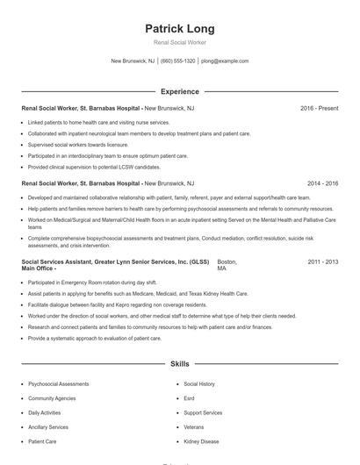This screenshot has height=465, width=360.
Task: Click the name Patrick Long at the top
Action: coord(179,29)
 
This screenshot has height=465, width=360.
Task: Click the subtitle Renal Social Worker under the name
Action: coord(179,42)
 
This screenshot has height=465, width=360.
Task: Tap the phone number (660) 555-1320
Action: coord(178,61)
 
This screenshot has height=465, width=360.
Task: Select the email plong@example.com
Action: coord(225,61)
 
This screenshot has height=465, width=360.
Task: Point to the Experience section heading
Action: coord(179,91)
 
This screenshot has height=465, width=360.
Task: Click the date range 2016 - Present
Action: coord(319,108)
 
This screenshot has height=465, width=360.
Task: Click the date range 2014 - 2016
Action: coord(322,184)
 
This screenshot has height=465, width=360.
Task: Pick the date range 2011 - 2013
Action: coord(322,262)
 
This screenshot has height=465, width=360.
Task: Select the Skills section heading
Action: coord(179,363)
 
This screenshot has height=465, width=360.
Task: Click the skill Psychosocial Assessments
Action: coord(58,384)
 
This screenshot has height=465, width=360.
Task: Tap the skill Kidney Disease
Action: coord(203,441)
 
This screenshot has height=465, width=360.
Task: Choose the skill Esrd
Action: coord(190,398)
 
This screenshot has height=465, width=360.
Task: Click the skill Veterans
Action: coord(193,427)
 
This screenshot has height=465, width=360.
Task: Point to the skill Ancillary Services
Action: coord(49,427)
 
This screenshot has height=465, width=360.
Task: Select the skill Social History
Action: coord(199,384)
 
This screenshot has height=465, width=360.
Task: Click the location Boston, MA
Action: coord(227,266)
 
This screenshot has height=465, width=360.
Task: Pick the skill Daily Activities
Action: coord(45,412)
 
